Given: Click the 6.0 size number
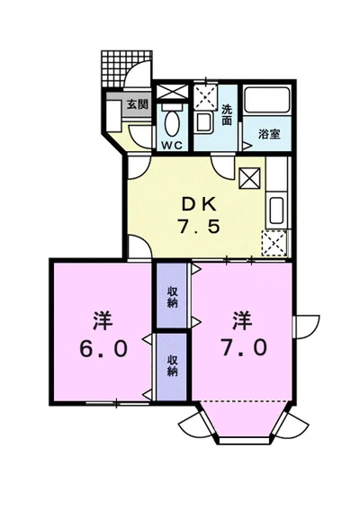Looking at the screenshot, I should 99,347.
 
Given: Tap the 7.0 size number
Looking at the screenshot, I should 241,347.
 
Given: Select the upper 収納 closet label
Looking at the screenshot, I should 171,296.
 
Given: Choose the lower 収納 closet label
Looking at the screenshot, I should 171,365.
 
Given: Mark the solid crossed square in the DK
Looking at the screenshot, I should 249,176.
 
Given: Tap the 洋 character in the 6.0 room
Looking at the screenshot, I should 99,320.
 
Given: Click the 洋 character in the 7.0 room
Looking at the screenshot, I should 241,319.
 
